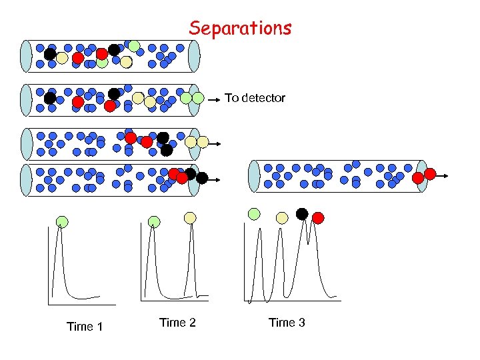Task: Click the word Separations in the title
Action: pyautogui.click(x=240, y=28)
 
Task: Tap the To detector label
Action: pyautogui.click(x=255, y=98)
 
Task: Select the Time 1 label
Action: pyautogui.click(x=85, y=326)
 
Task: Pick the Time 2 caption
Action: pyautogui.click(x=177, y=323)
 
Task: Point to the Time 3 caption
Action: pyautogui.click(x=287, y=323)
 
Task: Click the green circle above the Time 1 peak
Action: pyautogui.click(x=61, y=221)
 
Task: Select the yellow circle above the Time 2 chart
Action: pyautogui.click(x=190, y=218)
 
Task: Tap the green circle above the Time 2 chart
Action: pyautogui.click(x=154, y=221)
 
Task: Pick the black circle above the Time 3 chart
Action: pyautogui.click(x=302, y=214)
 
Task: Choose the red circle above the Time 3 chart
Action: pyautogui.click(x=318, y=217)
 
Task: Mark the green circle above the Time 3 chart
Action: pyautogui.click(x=254, y=214)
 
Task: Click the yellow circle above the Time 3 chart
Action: pyautogui.click(x=282, y=217)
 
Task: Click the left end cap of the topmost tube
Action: pyautogui.click(x=26, y=56)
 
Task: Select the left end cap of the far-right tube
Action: pyautogui.click(x=254, y=176)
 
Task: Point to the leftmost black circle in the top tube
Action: pyautogui.click(x=50, y=55)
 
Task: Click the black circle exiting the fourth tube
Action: pyautogui.click(x=202, y=178)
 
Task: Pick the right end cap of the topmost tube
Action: pyautogui.click(x=194, y=56)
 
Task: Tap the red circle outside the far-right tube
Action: pyautogui.click(x=430, y=174)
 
